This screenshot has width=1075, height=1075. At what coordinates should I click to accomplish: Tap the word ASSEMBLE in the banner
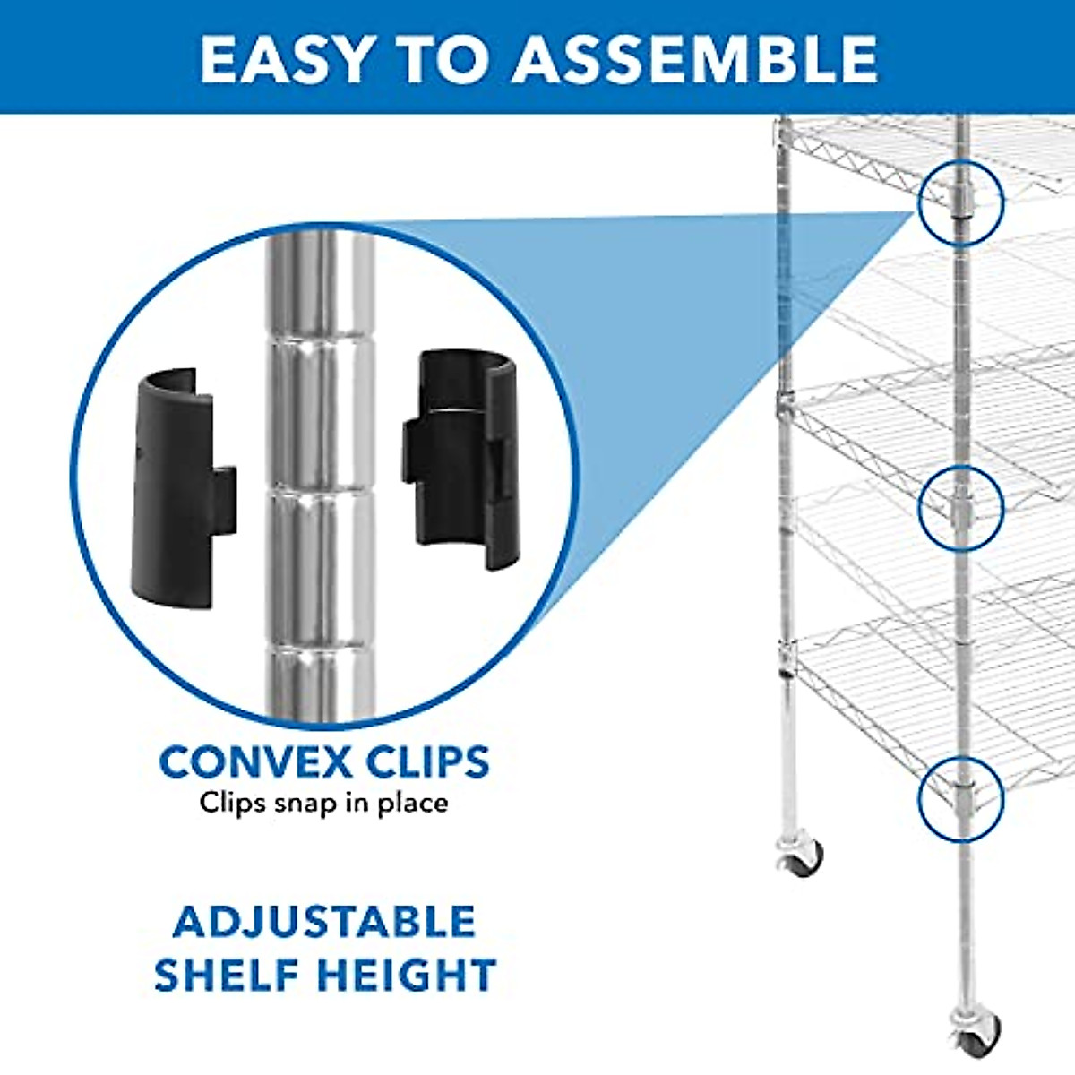pos(694,59)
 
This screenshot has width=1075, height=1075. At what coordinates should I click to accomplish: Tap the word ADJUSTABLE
pos(324,922)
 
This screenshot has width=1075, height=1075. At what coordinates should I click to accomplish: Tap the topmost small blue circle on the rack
pos(960,202)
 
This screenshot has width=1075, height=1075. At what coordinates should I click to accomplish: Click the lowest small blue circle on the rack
pos(960,799)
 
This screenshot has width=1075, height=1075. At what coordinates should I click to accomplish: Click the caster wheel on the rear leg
pos(800,858)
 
